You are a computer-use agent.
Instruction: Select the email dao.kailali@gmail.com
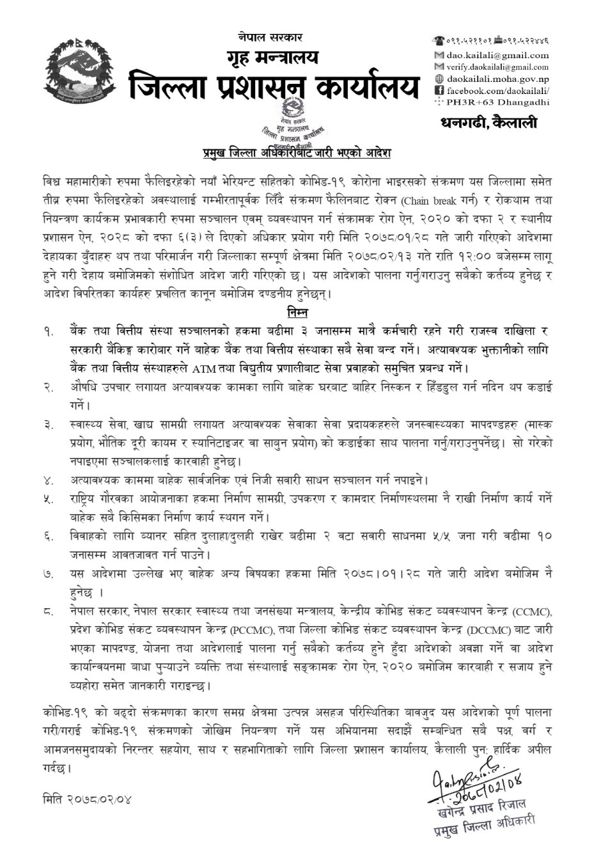point(497,56)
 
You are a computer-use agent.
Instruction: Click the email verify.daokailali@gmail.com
point(497,67)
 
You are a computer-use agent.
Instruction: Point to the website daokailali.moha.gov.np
point(497,78)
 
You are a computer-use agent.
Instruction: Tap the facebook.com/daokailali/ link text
point(497,90)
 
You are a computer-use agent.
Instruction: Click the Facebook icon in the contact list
point(439,90)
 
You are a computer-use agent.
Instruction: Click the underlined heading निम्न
point(297,313)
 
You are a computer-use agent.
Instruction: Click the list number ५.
point(49,499)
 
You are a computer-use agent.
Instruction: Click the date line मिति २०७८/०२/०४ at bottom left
point(88,799)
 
